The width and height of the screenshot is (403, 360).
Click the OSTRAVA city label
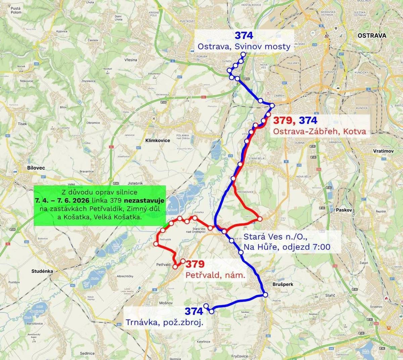(x=372, y=36)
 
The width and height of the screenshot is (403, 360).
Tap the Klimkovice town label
(x=158, y=141)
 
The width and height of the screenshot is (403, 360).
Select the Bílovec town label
(x=36, y=168)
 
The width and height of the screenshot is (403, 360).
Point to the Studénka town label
(x=42, y=271)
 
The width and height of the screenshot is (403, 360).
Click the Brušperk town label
(x=282, y=284)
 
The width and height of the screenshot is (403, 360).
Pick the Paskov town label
(x=344, y=210)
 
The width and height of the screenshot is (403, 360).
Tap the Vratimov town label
(x=383, y=151)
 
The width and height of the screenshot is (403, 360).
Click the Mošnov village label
(x=166, y=303)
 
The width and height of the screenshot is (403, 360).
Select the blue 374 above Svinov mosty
(x=244, y=35)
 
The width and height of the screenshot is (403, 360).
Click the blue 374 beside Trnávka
(x=194, y=312)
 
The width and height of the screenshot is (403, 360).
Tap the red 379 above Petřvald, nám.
(x=195, y=264)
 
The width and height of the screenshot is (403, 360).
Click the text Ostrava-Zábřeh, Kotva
(x=319, y=131)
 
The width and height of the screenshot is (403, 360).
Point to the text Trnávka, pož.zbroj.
(x=166, y=323)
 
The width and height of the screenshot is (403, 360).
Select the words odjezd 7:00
(x=306, y=247)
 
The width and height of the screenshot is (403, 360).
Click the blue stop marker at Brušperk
(x=265, y=295)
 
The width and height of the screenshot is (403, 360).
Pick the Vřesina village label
(x=131, y=60)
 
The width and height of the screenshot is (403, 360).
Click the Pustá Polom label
(x=16, y=10)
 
